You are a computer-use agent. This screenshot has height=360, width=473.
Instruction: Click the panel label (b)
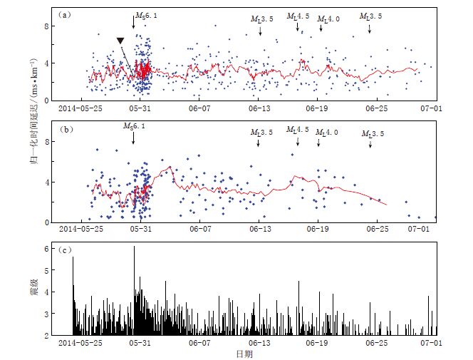click(x=64, y=130)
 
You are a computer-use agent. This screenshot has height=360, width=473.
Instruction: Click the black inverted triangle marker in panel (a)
click(x=121, y=41)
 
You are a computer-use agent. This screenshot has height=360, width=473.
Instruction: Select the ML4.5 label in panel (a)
click(x=298, y=16)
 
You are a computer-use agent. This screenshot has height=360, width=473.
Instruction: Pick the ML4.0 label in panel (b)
click(x=327, y=133)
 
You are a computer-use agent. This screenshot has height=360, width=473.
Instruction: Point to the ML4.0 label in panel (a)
click(x=328, y=19)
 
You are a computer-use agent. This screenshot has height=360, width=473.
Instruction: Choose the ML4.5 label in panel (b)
click(x=298, y=130)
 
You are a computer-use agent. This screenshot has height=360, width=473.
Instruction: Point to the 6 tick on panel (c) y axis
click(x=48, y=248)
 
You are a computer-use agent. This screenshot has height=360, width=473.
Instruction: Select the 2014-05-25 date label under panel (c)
click(x=80, y=343)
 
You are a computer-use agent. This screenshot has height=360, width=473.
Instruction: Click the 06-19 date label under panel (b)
click(x=317, y=230)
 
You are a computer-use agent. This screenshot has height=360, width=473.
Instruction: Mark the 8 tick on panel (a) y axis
click(x=48, y=26)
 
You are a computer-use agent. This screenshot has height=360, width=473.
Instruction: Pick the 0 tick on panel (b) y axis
click(x=48, y=222)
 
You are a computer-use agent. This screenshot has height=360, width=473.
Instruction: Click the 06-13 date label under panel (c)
click(x=258, y=343)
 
